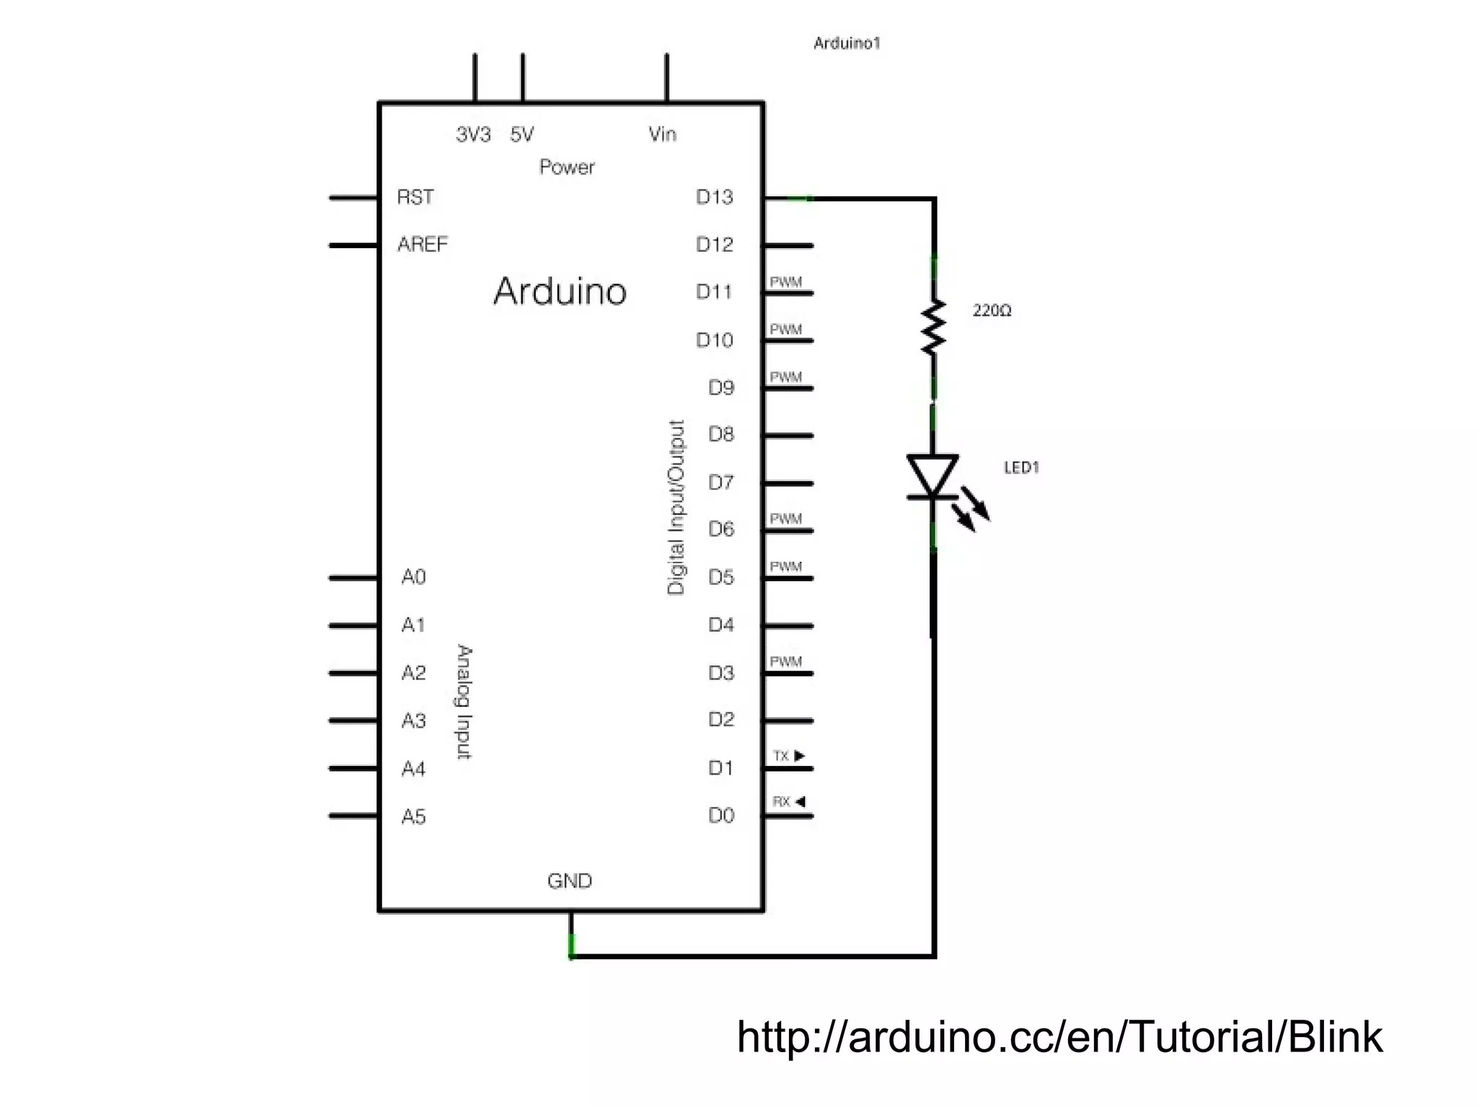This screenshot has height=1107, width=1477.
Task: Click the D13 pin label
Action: tap(714, 197)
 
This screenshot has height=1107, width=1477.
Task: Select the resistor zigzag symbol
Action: tap(933, 327)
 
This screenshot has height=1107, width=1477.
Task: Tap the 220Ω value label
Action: tap(992, 311)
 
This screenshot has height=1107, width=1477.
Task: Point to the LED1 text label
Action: tap(1021, 468)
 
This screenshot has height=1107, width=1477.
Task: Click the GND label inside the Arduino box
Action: tap(569, 881)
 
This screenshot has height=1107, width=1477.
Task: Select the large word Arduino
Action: tap(560, 292)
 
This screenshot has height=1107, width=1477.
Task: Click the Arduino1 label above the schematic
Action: tap(847, 43)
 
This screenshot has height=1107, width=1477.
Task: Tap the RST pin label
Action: tap(415, 197)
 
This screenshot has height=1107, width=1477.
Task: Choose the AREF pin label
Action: tap(423, 244)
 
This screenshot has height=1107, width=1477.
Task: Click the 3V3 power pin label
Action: tap(473, 134)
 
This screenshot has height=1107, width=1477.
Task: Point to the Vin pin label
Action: tap(662, 134)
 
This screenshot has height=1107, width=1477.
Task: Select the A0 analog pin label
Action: tap(413, 577)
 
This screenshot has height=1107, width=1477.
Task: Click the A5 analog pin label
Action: tap(413, 816)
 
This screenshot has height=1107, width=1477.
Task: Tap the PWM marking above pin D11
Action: tap(785, 282)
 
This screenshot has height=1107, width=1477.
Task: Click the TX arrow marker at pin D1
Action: tap(789, 756)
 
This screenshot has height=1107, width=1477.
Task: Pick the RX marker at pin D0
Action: tap(788, 801)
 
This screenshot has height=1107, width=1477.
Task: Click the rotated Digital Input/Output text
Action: tap(676, 507)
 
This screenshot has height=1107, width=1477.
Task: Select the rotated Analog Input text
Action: tap(464, 702)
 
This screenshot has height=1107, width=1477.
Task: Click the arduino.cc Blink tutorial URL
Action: tap(1059, 1037)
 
